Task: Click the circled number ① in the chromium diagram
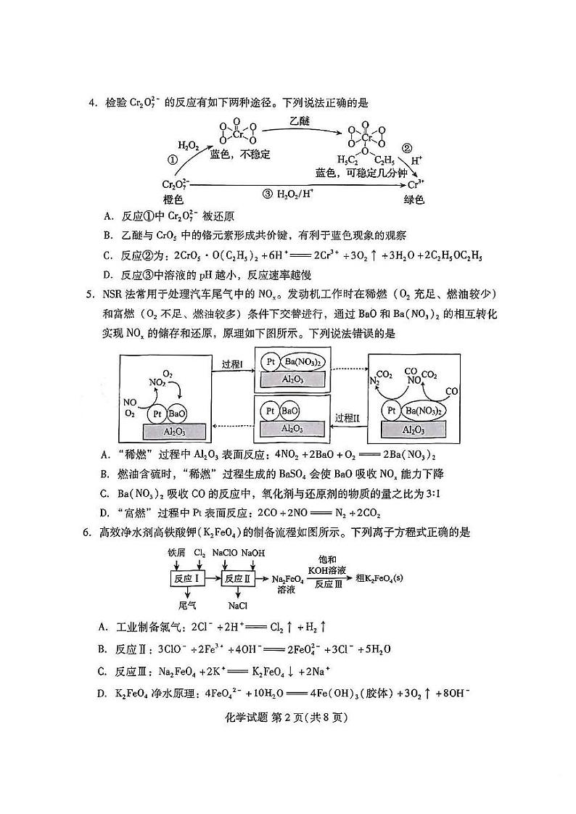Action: point(173,160)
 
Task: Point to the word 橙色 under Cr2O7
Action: point(173,199)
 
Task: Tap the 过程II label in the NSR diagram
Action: point(347,419)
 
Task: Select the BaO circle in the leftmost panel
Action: point(177,414)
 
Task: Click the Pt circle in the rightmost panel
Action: point(392,411)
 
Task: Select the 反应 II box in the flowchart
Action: point(238,578)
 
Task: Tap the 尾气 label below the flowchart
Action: point(187,604)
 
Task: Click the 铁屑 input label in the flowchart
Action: point(178,553)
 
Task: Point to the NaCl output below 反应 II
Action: point(238,604)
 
